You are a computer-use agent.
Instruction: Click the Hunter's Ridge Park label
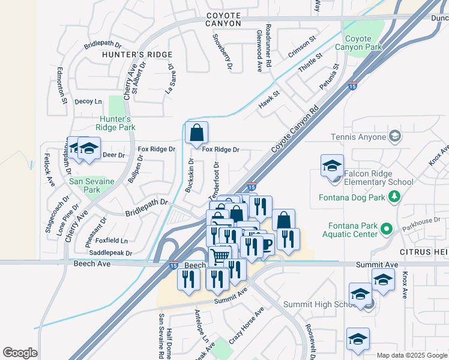pos(117,123)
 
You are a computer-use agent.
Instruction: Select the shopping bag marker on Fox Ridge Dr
pos(196,134)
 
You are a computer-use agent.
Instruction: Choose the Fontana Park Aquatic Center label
pos(352,230)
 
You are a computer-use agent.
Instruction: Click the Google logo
pos(20,353)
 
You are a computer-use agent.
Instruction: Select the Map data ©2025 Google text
pos(411,355)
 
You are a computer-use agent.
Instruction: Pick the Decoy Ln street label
pos(88,102)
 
